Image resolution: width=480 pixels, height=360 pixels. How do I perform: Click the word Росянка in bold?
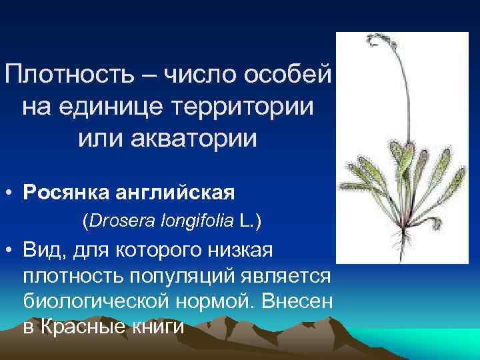(64, 193)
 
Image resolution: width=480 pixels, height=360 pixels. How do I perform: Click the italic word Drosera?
(117, 219)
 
